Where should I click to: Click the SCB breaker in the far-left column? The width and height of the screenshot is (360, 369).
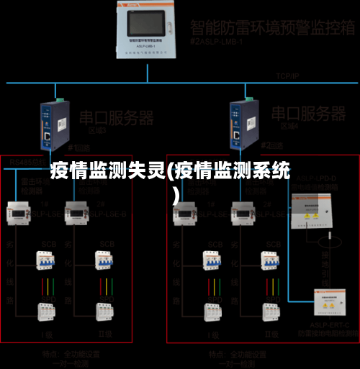click(x=47, y=262)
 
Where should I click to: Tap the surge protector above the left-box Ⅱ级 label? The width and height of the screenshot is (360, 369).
click(x=107, y=311)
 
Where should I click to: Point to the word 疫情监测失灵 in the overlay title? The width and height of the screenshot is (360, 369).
click(x=107, y=171)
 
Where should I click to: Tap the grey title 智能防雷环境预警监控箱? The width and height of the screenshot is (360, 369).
click(x=272, y=28)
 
